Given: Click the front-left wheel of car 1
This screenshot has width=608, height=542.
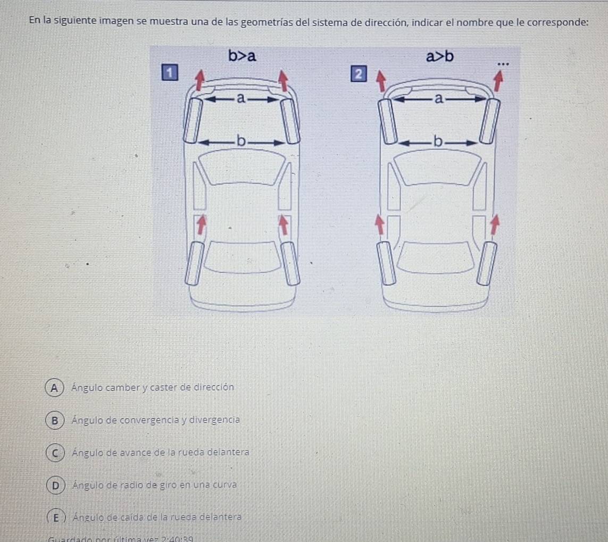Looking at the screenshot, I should [x=193, y=119].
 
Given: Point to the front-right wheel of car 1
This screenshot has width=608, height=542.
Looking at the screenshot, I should [x=290, y=120].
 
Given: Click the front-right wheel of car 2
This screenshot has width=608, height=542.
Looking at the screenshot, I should [x=489, y=121].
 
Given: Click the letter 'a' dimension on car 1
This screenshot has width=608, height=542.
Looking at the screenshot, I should [x=241, y=98].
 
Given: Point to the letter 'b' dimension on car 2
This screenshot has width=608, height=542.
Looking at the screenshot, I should [x=437, y=141].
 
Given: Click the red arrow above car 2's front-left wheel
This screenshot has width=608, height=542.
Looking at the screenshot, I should [x=380, y=82].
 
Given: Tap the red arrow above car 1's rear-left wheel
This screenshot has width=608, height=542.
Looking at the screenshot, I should [x=200, y=224].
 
